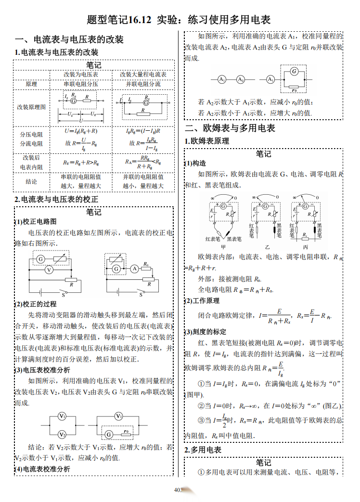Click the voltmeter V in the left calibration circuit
point(49,271)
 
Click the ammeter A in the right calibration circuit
point(135,269)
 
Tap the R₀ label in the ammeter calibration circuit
point(145,264)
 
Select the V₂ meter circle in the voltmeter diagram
point(63,434)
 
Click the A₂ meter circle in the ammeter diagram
point(240,79)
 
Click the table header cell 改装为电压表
point(81,75)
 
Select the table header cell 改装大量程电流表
point(143,75)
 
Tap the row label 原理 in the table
point(31,84)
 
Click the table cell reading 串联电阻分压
point(81,84)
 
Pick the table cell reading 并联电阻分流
point(143,84)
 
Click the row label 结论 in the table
point(31,182)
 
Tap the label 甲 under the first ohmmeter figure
point(223,247)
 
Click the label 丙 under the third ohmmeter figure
point(305,247)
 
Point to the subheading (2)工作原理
point(202,301)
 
